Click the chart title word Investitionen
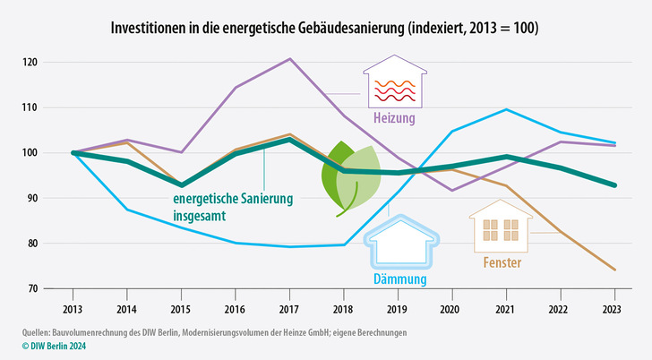(147, 29)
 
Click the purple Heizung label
(396, 118)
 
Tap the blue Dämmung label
(398, 279)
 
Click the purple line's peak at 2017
(289, 59)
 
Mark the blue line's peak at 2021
(507, 109)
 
